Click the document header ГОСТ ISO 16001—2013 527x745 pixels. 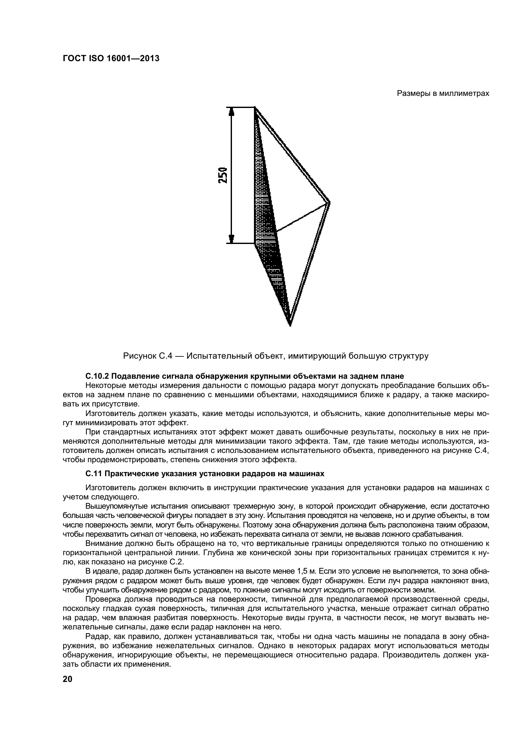pos(111,59)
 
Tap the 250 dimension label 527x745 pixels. pos(223,176)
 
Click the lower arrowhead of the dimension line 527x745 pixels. pos(231,239)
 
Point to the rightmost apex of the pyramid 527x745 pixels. pos(329,203)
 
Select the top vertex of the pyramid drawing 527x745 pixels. pos(255,108)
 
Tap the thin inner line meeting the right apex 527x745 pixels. pos(302,218)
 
